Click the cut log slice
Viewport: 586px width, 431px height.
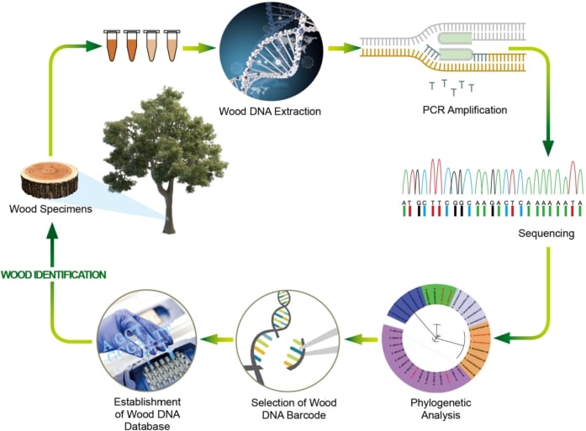click(x=50, y=180)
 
